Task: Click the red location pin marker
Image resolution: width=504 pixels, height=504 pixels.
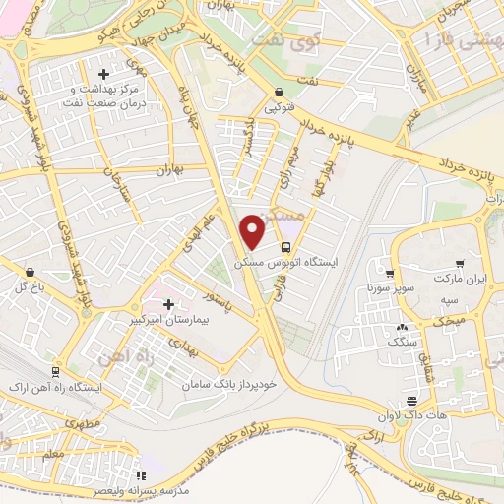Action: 253,231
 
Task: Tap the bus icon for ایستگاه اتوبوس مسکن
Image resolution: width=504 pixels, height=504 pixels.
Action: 285,248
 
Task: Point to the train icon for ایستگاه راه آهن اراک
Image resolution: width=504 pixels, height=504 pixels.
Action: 55,371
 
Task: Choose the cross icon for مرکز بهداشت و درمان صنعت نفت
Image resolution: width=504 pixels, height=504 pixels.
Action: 103,74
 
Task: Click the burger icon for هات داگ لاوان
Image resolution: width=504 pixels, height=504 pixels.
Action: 410,401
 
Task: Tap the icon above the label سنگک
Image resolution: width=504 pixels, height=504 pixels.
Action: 401,328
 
